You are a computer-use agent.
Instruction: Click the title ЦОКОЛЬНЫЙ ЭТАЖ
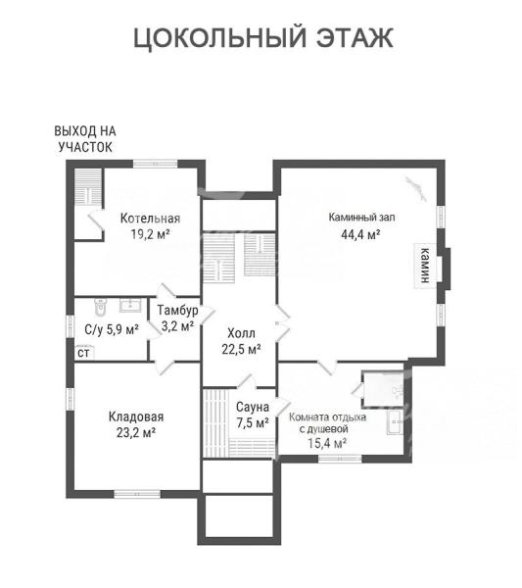click(263, 38)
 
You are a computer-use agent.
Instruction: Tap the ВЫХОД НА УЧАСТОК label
click(85, 139)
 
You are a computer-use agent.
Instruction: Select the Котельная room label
click(150, 219)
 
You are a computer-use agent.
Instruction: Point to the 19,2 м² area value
click(150, 234)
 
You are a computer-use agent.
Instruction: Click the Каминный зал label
click(361, 218)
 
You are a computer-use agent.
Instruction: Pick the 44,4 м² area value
click(360, 235)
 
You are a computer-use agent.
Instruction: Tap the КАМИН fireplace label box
click(425, 266)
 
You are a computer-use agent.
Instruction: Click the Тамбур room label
click(177, 311)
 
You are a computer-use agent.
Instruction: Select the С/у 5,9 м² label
click(112, 330)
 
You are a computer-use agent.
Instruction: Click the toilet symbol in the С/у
click(100, 307)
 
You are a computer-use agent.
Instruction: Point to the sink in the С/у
click(130, 305)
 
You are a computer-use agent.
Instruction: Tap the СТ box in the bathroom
click(83, 353)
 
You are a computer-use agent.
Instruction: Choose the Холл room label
click(241, 333)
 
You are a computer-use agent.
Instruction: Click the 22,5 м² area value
click(241, 350)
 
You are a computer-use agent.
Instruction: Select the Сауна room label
click(253, 408)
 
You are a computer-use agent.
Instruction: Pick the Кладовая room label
click(136, 416)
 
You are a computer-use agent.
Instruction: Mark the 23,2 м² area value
click(136, 433)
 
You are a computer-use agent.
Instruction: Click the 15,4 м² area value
click(327, 444)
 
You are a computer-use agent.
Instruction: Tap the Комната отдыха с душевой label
click(327, 422)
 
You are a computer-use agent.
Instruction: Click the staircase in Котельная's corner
click(88, 187)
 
